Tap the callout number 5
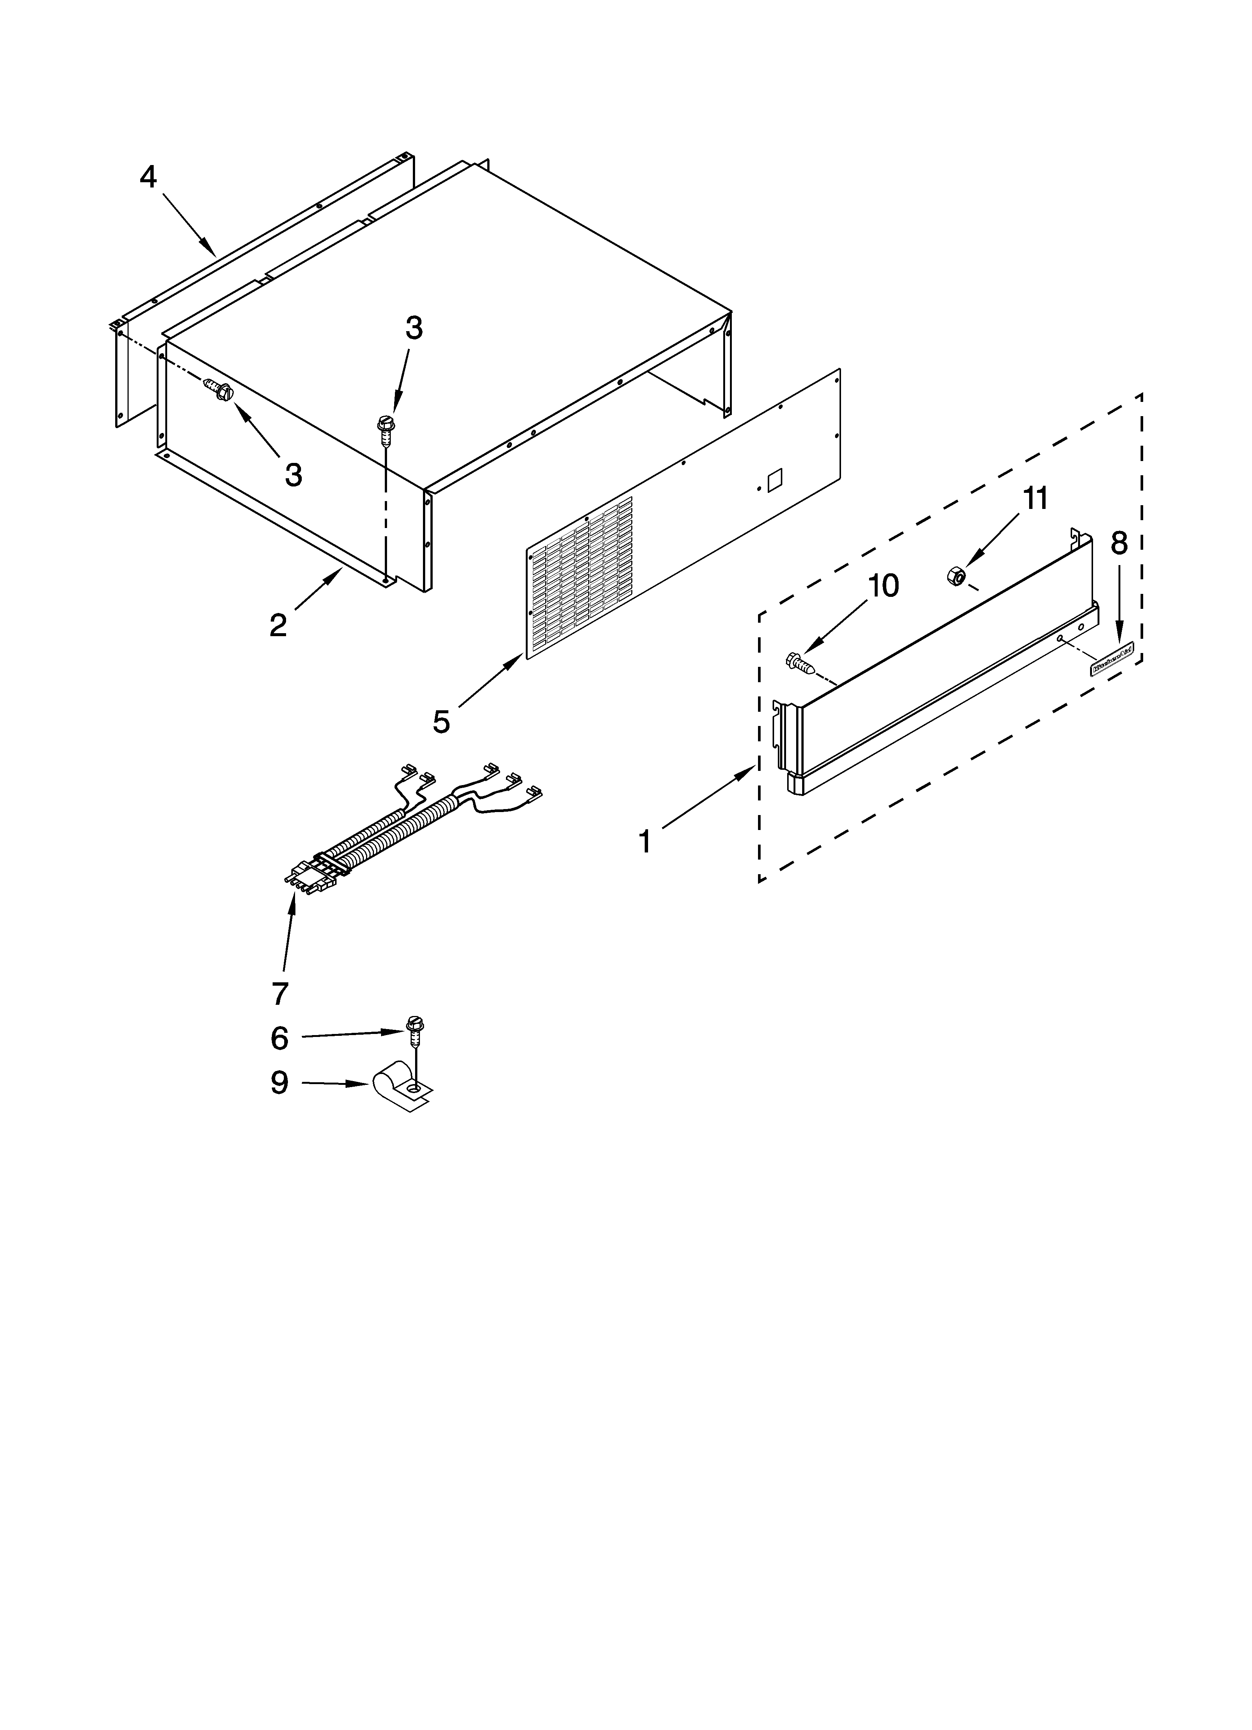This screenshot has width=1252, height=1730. coord(442,721)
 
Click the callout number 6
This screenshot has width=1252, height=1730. coord(280,1038)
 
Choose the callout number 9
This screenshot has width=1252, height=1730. coord(280,1082)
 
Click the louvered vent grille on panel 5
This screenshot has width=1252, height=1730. coord(580,576)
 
